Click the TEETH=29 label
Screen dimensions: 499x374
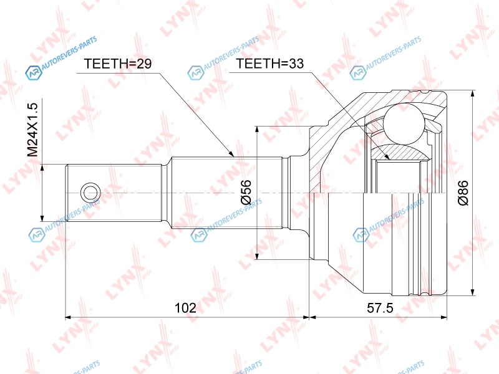click(x=118, y=64)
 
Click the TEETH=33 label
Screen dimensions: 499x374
click(x=270, y=64)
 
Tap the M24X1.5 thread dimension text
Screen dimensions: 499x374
click(x=32, y=130)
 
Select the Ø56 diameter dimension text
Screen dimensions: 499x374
click(x=246, y=192)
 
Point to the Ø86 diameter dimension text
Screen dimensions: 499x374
click(x=463, y=193)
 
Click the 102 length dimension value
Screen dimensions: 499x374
click(x=185, y=308)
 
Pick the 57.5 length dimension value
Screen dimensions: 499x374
click(x=380, y=308)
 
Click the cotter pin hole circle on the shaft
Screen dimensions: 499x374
click(x=90, y=193)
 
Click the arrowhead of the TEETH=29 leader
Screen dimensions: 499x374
click(x=231, y=154)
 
